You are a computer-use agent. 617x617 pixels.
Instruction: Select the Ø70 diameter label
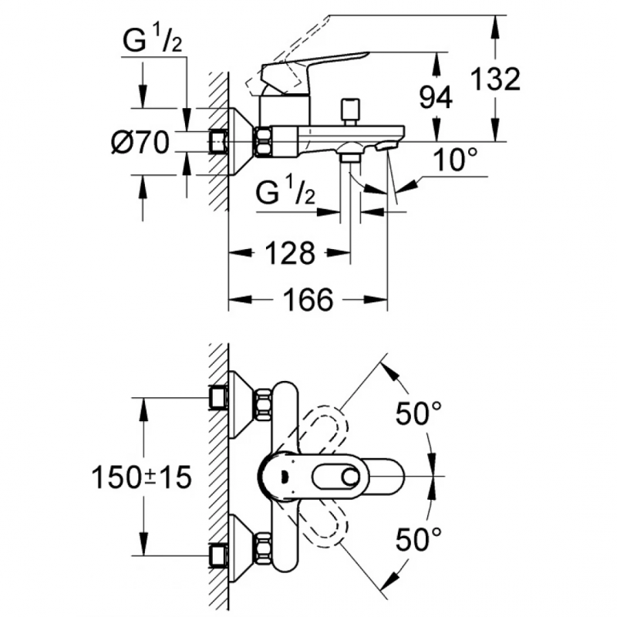click(140, 143)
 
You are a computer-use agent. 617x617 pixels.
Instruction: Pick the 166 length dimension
click(308, 299)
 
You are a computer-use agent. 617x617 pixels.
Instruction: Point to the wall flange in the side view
click(241, 141)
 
